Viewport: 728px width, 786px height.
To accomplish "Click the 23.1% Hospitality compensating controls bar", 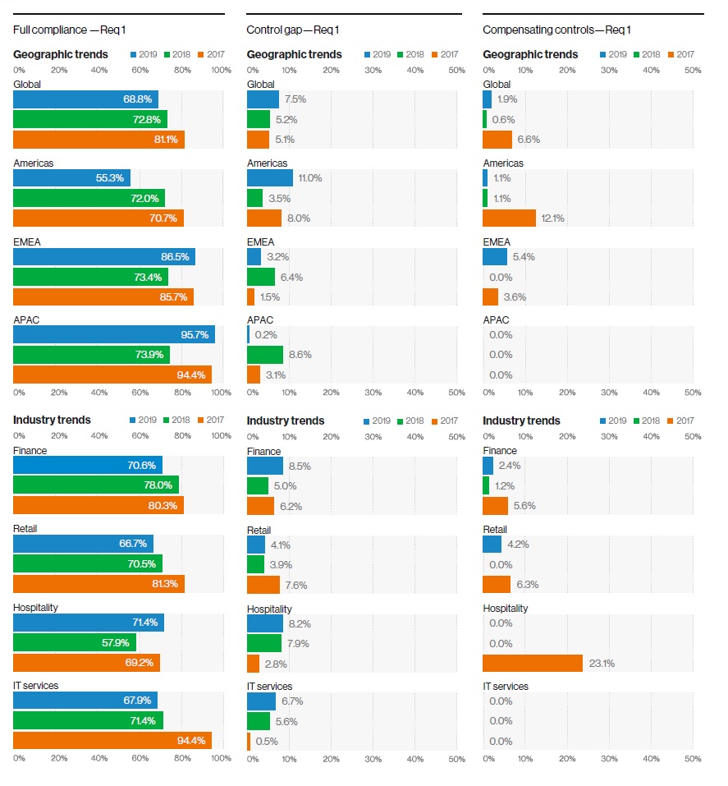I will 533,663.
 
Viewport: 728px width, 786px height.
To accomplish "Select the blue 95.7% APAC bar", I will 114,334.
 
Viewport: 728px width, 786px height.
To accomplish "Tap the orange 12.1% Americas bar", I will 509,218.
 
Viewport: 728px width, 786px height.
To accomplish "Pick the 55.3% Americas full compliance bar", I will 71,178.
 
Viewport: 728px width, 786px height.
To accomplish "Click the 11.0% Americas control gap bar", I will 270,178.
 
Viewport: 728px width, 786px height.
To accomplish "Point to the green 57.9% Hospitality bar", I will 75,642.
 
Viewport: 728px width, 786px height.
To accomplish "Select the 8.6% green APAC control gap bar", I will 265,355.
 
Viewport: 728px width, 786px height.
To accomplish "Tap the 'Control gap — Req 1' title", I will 293,30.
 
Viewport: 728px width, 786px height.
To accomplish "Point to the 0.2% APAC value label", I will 265,335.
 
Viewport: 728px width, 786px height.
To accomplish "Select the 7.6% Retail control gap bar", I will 263,585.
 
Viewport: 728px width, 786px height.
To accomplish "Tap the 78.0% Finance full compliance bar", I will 96,485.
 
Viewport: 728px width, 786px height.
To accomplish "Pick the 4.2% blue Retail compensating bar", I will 492,545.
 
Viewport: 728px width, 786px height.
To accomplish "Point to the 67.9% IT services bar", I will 85,701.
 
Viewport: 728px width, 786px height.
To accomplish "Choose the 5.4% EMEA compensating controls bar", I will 495,257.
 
